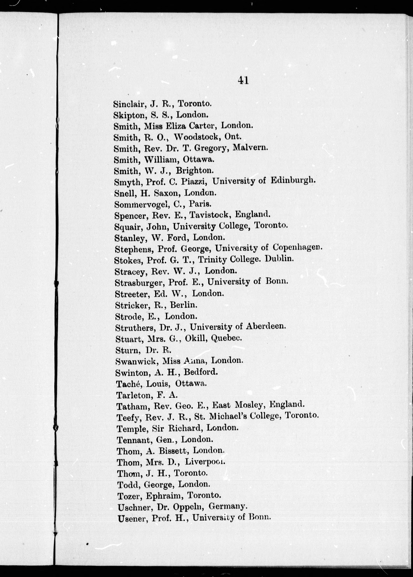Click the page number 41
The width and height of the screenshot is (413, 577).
[243, 80]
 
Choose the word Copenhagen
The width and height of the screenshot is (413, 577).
[297, 247]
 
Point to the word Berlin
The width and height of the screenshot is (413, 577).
[183, 305]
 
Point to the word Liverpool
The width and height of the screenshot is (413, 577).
[205, 462]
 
